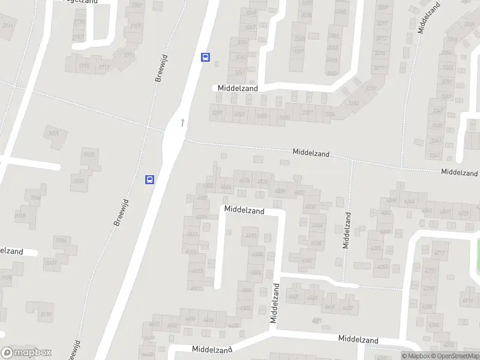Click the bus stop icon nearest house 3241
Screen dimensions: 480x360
205,58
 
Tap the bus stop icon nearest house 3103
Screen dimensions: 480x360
149,179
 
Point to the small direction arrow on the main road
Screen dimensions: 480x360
182,122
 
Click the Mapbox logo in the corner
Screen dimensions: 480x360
26,353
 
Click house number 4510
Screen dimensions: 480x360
251,235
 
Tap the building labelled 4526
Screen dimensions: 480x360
244,180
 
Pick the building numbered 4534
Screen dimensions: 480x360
310,207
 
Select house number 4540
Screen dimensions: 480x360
307,260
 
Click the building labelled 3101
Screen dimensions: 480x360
54,133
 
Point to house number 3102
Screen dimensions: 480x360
89,154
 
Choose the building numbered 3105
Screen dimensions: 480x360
21,215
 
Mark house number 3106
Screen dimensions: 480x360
61,241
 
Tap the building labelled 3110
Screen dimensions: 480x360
46,314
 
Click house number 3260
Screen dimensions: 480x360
341,11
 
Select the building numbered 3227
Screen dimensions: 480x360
308,113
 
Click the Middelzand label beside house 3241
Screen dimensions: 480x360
238,88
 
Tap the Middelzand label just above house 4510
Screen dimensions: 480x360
244,211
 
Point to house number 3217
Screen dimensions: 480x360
379,67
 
